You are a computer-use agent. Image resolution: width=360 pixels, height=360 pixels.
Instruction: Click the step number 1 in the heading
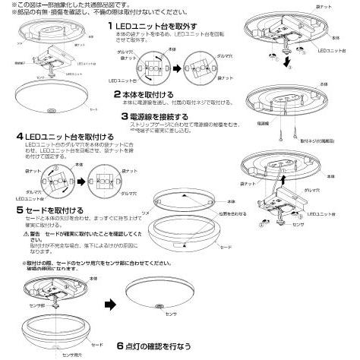(x=111, y=26)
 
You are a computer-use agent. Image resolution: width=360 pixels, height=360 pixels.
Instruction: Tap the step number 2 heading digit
(x=116, y=94)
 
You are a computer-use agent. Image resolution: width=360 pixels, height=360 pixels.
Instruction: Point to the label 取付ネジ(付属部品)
(x=326, y=141)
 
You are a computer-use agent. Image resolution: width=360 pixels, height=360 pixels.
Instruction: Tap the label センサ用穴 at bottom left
(x=71, y=355)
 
